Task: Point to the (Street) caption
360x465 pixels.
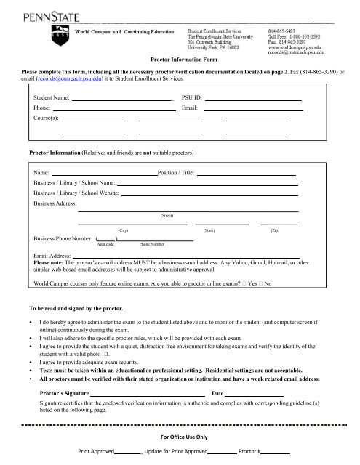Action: pyautogui.click(x=166, y=217)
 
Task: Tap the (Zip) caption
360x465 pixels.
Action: pyautogui.click(x=275, y=229)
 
